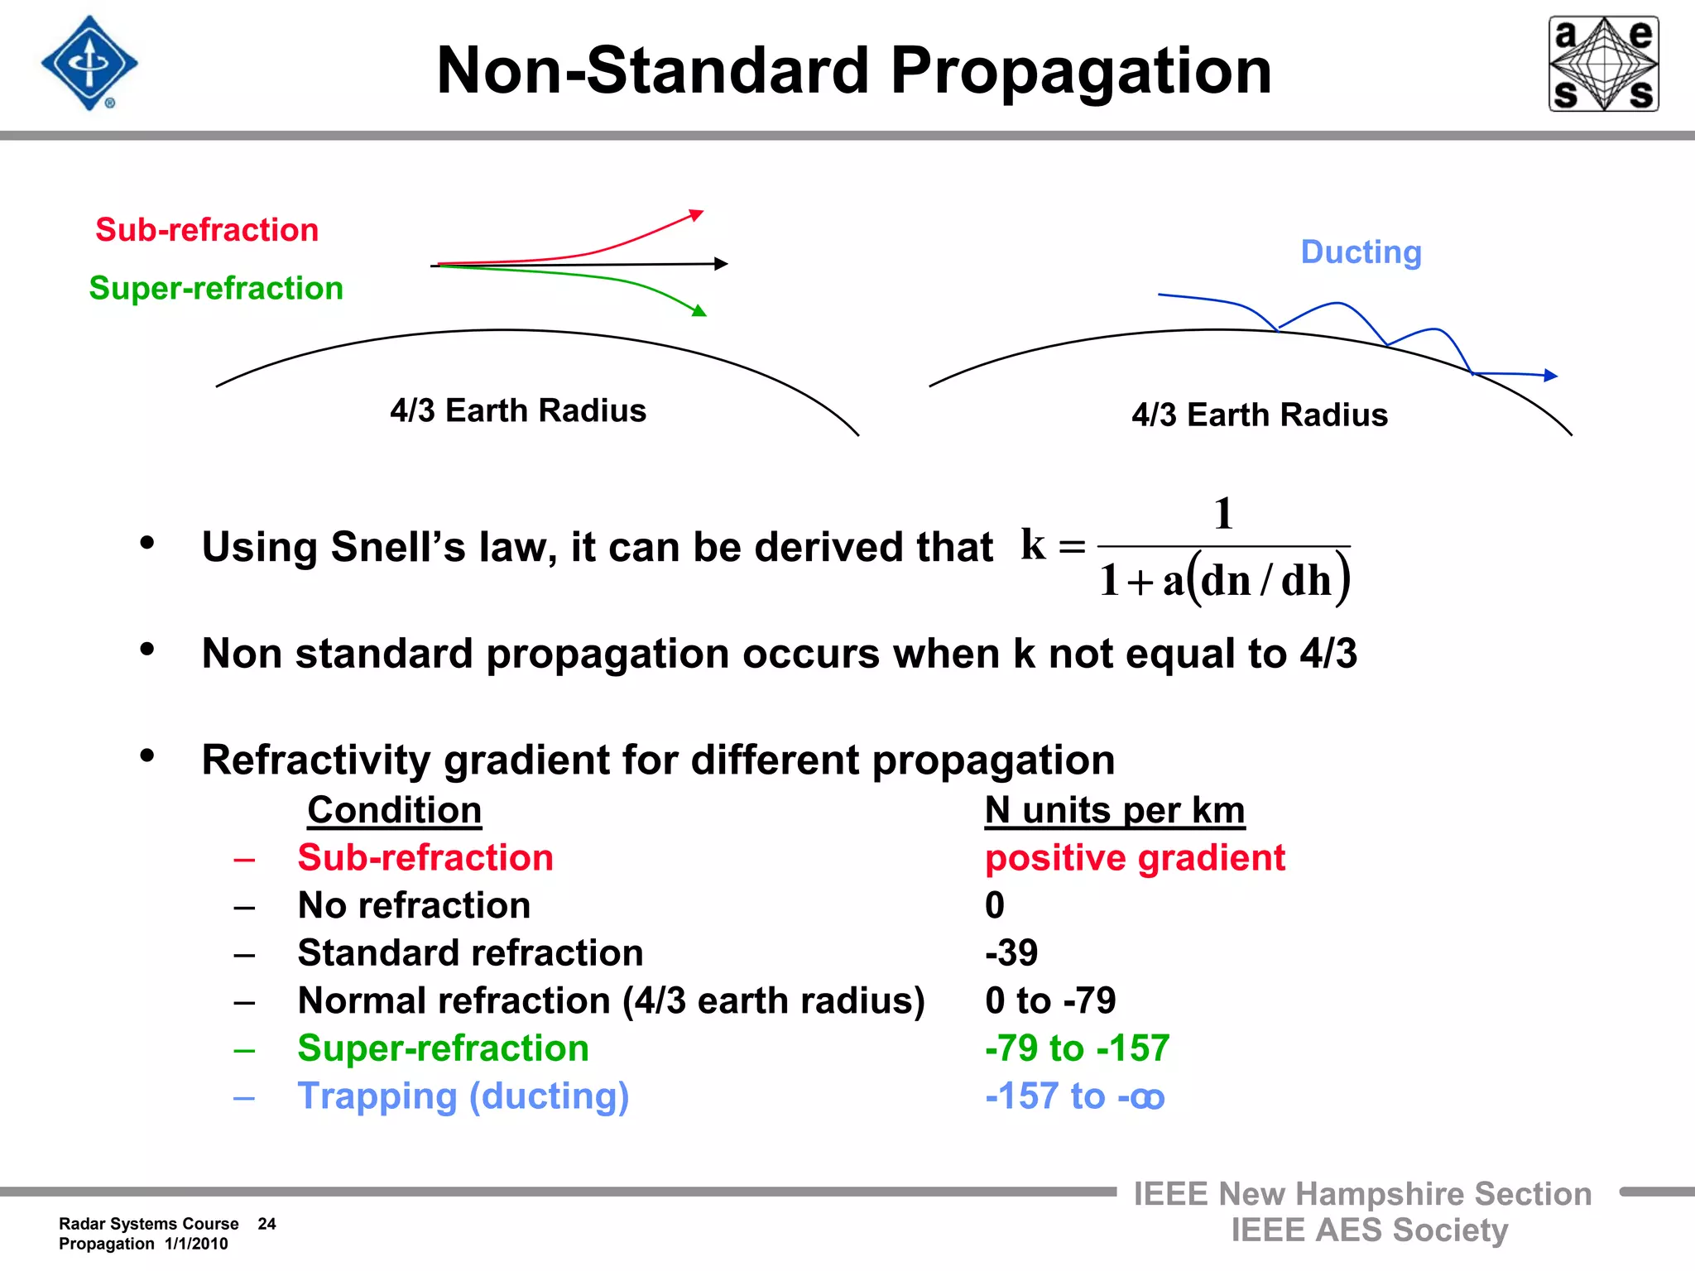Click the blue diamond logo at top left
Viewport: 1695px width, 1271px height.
89,63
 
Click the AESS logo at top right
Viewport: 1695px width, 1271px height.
1603,64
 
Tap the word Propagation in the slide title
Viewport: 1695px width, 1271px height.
1080,71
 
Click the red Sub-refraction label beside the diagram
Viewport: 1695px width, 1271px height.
207,230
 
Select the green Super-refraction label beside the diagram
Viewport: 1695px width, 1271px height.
216,288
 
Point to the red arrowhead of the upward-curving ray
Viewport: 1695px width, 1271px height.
697,215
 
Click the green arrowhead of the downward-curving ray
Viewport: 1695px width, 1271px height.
699,311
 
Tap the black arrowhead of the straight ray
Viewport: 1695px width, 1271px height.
721,264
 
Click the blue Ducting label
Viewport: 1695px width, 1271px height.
1361,252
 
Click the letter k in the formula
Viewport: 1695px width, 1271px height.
1033,544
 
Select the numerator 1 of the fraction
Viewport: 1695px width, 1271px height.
1223,514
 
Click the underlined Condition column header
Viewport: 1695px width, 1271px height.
394,810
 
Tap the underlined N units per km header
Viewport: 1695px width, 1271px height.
1114,810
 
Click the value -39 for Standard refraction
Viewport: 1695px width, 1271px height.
1011,953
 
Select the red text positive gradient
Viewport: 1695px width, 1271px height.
1135,858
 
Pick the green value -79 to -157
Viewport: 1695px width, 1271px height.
1077,1048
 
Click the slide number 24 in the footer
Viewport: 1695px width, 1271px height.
266,1224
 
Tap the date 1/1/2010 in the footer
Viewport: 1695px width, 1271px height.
196,1244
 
